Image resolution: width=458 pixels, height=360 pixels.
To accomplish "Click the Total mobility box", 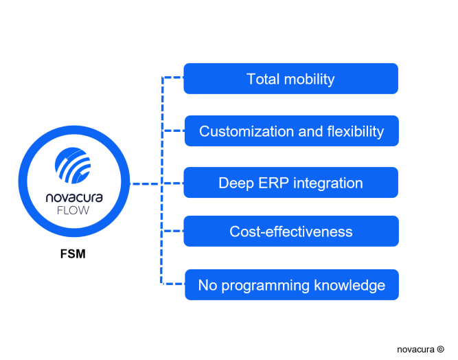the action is [290, 78].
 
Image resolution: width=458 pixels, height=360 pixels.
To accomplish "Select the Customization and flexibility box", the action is [292, 131].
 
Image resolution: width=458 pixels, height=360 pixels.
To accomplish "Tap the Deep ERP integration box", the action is [290, 183].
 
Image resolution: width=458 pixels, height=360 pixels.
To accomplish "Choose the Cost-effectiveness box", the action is [291, 231].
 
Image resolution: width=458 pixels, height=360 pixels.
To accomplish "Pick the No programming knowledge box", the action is [292, 284].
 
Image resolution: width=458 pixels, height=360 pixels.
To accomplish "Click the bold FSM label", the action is [73, 254].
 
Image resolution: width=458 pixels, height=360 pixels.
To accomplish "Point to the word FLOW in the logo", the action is [73, 210].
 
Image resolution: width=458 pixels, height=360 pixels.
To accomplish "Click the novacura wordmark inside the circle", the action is [74, 198].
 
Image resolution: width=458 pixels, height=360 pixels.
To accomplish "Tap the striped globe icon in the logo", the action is [73, 166].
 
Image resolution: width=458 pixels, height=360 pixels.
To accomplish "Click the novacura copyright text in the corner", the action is [420, 349].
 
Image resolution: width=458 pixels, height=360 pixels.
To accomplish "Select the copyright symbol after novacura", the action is [440, 349].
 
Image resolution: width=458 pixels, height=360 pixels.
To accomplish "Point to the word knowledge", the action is [350, 286].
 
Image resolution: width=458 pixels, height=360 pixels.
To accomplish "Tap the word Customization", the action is [247, 131].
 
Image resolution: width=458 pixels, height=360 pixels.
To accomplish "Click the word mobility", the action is [309, 80].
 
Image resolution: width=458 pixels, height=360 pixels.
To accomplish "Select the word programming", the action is [265, 286].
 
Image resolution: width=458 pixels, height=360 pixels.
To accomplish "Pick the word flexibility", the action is [356, 131].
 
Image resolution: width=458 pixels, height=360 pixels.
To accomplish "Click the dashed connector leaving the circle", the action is [146, 184].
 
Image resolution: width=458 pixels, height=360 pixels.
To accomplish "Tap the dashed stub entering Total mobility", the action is [172, 77].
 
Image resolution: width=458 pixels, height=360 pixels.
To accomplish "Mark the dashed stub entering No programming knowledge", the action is [173, 284].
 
